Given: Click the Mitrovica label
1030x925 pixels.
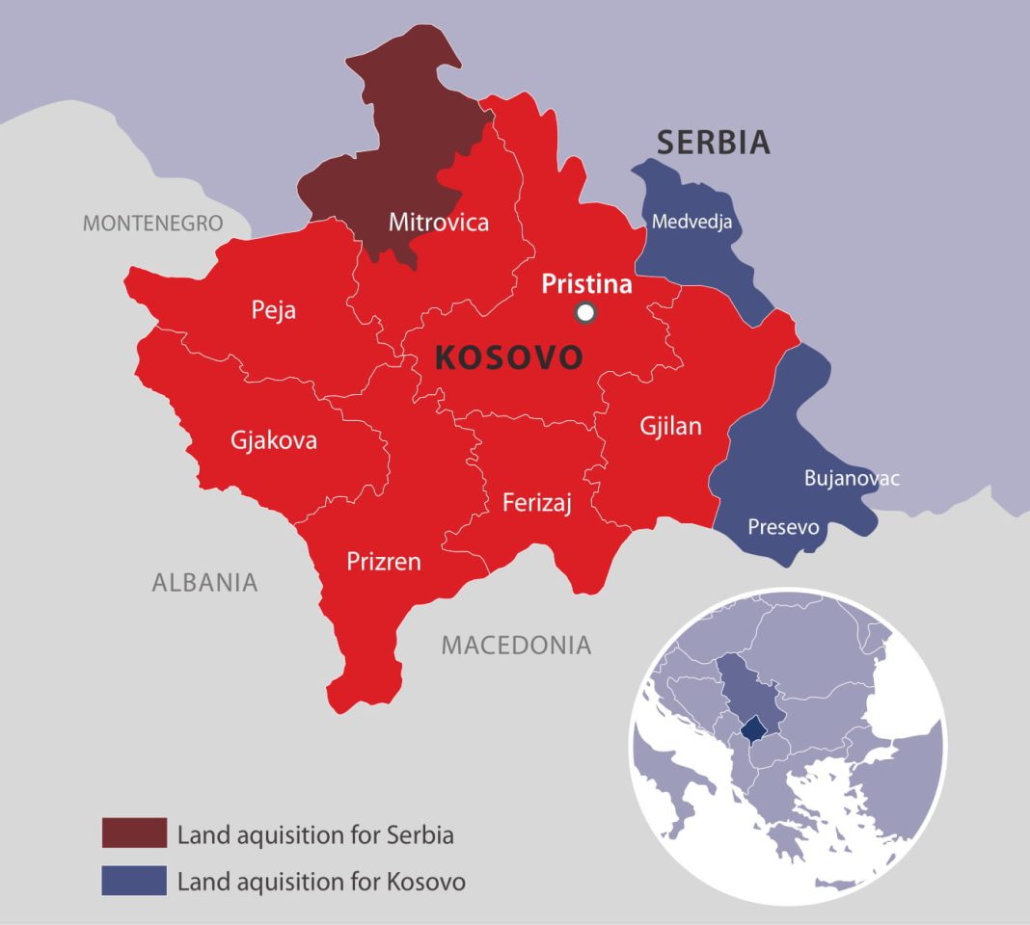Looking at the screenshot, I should click(439, 223).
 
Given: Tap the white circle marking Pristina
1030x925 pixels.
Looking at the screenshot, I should click(584, 311).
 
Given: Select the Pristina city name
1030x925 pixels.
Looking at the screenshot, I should click(586, 284).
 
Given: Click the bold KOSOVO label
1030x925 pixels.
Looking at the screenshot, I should click(508, 357).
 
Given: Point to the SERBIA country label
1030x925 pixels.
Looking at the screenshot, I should click(714, 143).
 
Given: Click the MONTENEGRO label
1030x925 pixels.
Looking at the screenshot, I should click(152, 224).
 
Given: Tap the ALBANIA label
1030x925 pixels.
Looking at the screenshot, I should click(204, 582).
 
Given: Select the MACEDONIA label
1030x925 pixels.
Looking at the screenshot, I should click(516, 645).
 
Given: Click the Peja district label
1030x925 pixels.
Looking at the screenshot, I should click(274, 310).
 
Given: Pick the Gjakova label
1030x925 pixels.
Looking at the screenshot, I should click(274, 440).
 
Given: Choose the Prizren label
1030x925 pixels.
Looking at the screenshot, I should click(384, 561).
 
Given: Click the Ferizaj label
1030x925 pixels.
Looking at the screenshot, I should click(537, 502).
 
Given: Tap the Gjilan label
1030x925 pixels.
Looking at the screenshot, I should click(671, 426).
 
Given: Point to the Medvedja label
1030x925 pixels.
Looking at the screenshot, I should click(691, 222).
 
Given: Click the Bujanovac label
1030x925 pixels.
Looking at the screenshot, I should click(852, 478).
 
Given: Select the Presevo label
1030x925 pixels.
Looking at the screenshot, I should click(783, 527).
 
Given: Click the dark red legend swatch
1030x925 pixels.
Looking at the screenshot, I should click(134, 833).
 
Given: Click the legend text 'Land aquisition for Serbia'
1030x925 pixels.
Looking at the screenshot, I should click(315, 834).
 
